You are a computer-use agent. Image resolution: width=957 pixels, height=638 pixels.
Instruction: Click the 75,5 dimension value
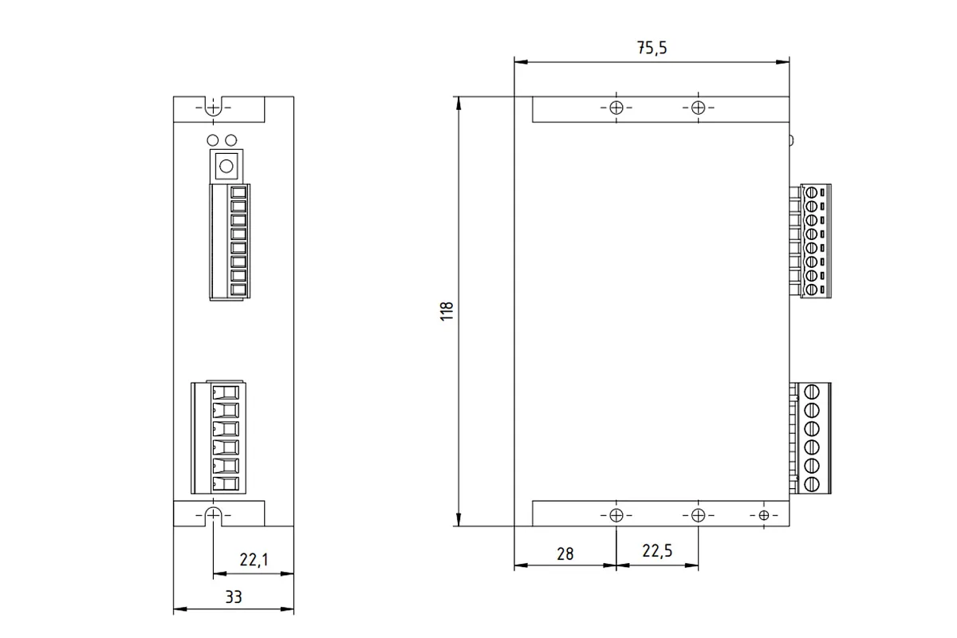click(652, 47)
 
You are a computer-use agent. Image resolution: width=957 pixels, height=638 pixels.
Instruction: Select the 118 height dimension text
click(446, 311)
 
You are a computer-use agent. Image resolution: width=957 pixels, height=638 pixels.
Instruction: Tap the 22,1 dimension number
click(254, 559)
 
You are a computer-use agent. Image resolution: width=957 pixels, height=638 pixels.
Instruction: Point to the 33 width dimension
click(234, 597)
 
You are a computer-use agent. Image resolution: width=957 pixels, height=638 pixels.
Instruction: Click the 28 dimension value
click(565, 553)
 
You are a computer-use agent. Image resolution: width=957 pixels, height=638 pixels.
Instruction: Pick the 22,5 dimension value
click(657, 551)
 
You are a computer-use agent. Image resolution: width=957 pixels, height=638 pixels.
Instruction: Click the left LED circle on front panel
click(212, 140)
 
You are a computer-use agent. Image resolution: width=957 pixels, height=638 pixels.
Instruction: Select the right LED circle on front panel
click(230, 140)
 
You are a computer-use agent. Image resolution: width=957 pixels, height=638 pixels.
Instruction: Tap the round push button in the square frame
click(226, 166)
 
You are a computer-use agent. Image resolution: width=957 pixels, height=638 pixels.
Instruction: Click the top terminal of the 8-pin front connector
click(238, 192)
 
